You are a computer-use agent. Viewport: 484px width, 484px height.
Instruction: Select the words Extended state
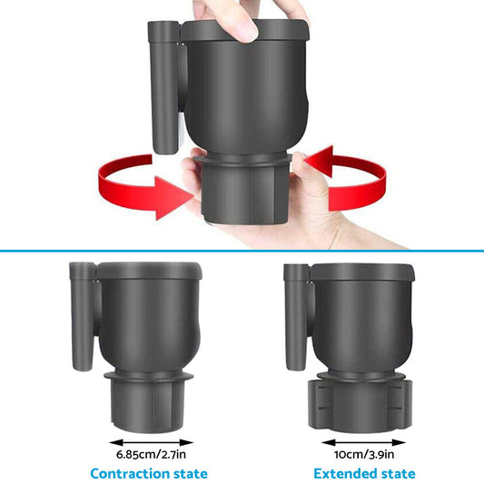(x=364, y=473)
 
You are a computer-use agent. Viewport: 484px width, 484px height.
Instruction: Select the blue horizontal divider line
(x=242, y=250)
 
